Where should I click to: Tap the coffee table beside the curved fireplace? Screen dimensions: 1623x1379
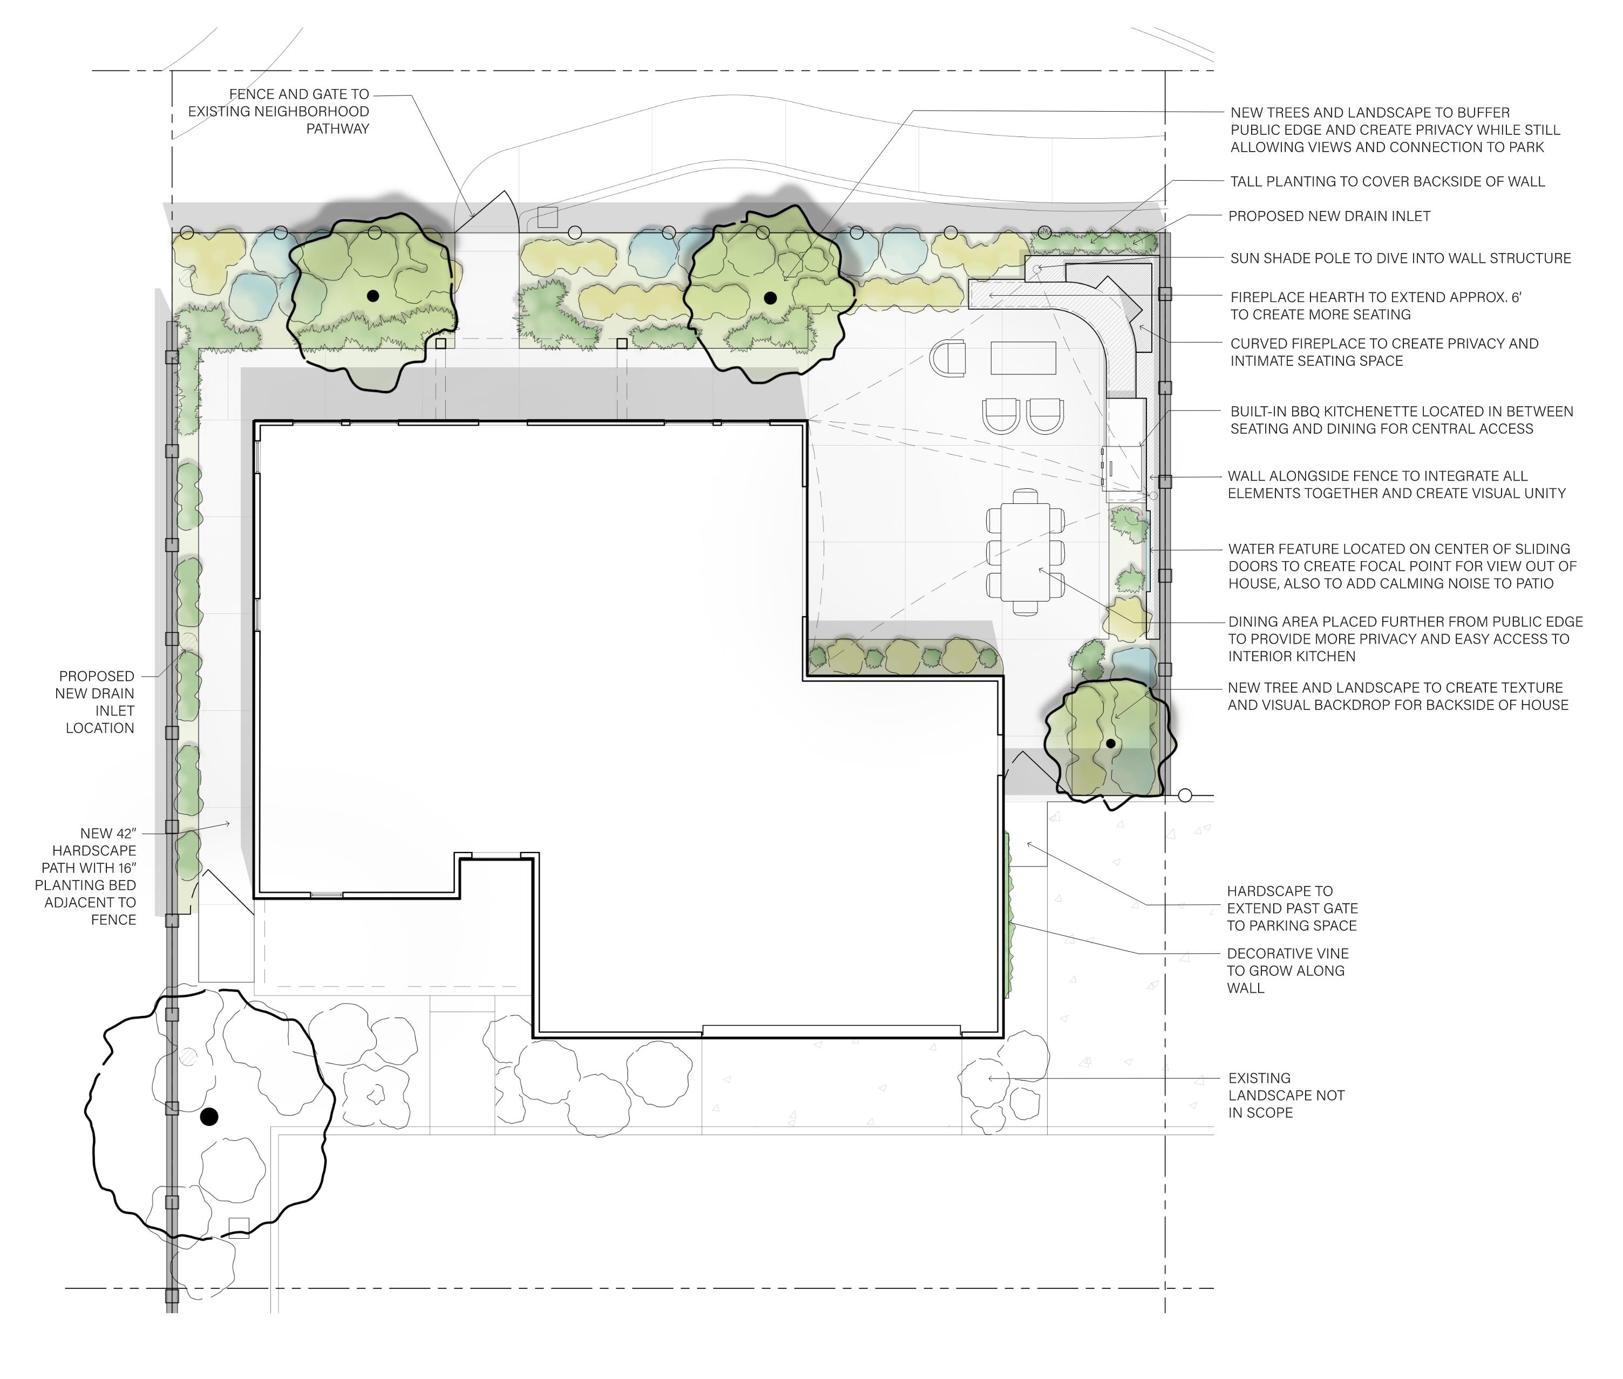click(x=1023, y=358)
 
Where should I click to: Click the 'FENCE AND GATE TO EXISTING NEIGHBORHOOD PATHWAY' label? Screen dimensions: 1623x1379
click(x=279, y=111)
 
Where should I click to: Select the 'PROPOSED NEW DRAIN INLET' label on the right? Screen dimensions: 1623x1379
click(x=1329, y=216)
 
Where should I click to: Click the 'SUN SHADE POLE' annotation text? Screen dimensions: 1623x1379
click(x=1400, y=258)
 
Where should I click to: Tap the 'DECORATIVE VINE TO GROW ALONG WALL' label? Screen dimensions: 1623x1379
click(x=1287, y=970)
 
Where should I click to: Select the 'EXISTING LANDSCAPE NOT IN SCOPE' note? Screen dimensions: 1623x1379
click(x=1286, y=1095)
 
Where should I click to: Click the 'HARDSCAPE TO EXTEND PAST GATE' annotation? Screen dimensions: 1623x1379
click(x=1292, y=907)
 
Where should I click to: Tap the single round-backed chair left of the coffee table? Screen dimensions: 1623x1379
click(x=948, y=359)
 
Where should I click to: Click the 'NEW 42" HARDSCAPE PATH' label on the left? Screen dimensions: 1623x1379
click(x=85, y=876)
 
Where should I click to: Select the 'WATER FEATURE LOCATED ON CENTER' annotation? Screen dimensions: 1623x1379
click(x=1402, y=566)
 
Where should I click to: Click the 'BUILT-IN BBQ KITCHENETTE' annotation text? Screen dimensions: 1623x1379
click(x=1402, y=420)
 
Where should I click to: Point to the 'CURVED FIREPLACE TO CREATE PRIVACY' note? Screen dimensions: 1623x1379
click(x=1384, y=352)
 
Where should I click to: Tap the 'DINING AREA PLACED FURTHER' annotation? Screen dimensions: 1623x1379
click(x=1405, y=639)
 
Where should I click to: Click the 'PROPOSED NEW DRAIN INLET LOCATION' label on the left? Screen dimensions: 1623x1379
click(x=96, y=701)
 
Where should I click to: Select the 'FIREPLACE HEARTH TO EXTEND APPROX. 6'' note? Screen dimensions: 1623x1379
click(x=1376, y=306)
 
